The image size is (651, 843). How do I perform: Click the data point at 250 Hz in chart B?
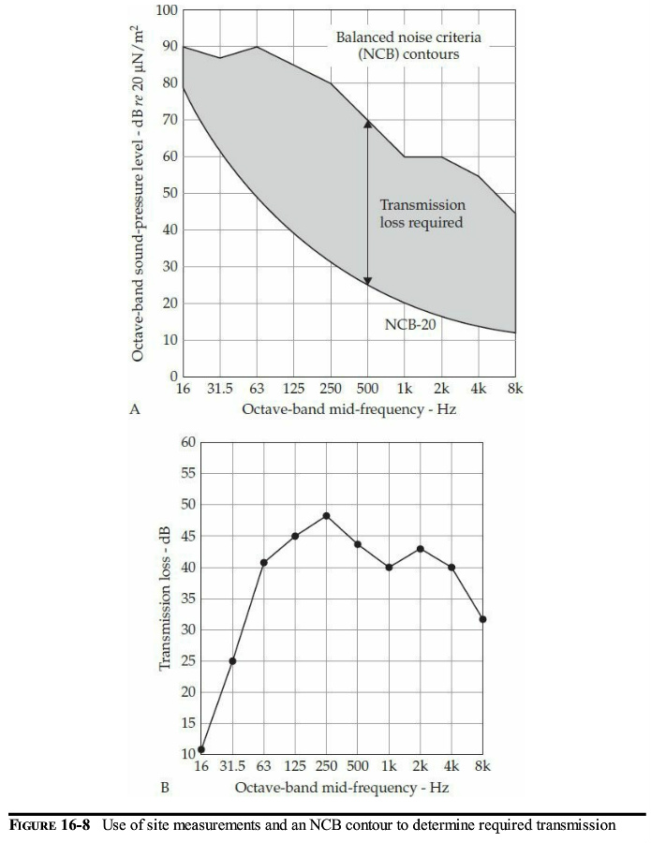[x=326, y=516]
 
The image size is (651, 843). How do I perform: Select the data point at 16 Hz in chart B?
[x=200, y=749]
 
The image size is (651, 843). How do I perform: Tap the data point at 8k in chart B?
[x=482, y=619]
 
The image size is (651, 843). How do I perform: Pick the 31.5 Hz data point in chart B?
[x=232, y=661]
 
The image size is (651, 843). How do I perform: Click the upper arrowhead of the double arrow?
[x=368, y=124]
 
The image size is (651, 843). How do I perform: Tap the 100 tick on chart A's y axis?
[x=167, y=10]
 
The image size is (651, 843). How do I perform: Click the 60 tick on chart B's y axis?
[x=187, y=442]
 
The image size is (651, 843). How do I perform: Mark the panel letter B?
[x=164, y=788]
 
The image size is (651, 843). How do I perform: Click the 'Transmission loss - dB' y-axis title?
[x=165, y=598]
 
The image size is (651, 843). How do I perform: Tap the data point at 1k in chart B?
[x=389, y=568]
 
